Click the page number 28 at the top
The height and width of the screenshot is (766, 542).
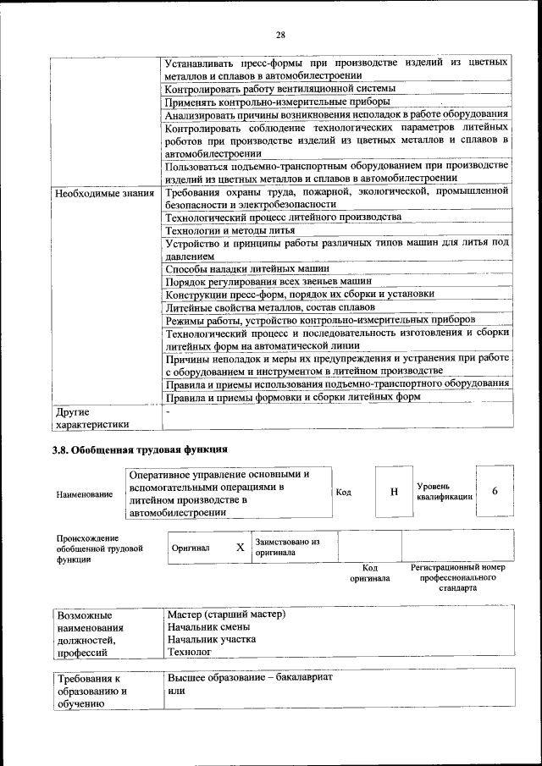tap(280, 35)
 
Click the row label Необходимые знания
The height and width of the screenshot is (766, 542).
tap(104, 193)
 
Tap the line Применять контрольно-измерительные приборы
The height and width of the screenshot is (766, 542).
tap(265, 102)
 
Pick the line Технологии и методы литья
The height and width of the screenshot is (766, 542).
tap(230, 230)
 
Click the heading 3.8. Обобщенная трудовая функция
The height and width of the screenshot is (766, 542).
tap(141, 449)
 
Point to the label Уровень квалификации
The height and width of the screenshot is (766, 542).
tap(444, 493)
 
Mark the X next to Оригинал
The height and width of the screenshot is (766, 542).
tap(240, 548)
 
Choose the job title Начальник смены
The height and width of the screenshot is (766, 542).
tap(208, 627)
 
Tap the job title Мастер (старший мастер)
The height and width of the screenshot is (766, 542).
tap(226, 614)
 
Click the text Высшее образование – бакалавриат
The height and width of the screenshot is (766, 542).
tap(250, 678)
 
